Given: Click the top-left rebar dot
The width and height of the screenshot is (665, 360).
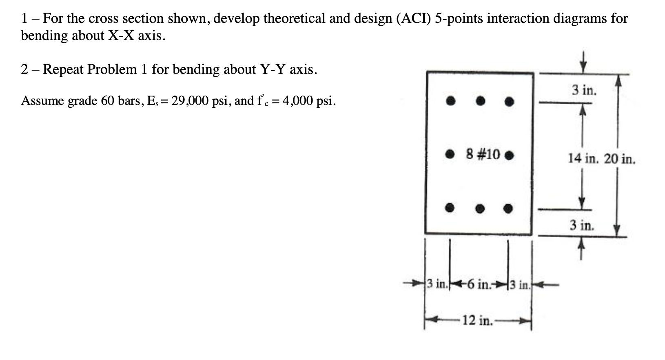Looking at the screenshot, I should (x=450, y=100).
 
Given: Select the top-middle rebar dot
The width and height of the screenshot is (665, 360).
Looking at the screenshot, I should (x=481, y=100).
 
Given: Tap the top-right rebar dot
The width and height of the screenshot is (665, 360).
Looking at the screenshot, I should (x=509, y=101).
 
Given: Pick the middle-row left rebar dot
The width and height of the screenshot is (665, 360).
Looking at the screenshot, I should (x=450, y=154).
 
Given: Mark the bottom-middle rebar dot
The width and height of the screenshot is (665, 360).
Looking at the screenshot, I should (x=480, y=209).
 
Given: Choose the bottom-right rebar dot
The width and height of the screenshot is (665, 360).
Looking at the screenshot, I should (x=508, y=209).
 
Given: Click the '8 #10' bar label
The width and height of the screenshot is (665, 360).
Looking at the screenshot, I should (x=483, y=154).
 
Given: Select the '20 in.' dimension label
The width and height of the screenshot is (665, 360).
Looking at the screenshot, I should (x=619, y=158).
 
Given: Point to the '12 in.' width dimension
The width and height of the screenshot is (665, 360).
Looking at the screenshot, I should (x=477, y=321).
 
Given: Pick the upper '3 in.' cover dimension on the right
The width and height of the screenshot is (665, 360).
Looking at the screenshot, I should (x=584, y=90).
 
